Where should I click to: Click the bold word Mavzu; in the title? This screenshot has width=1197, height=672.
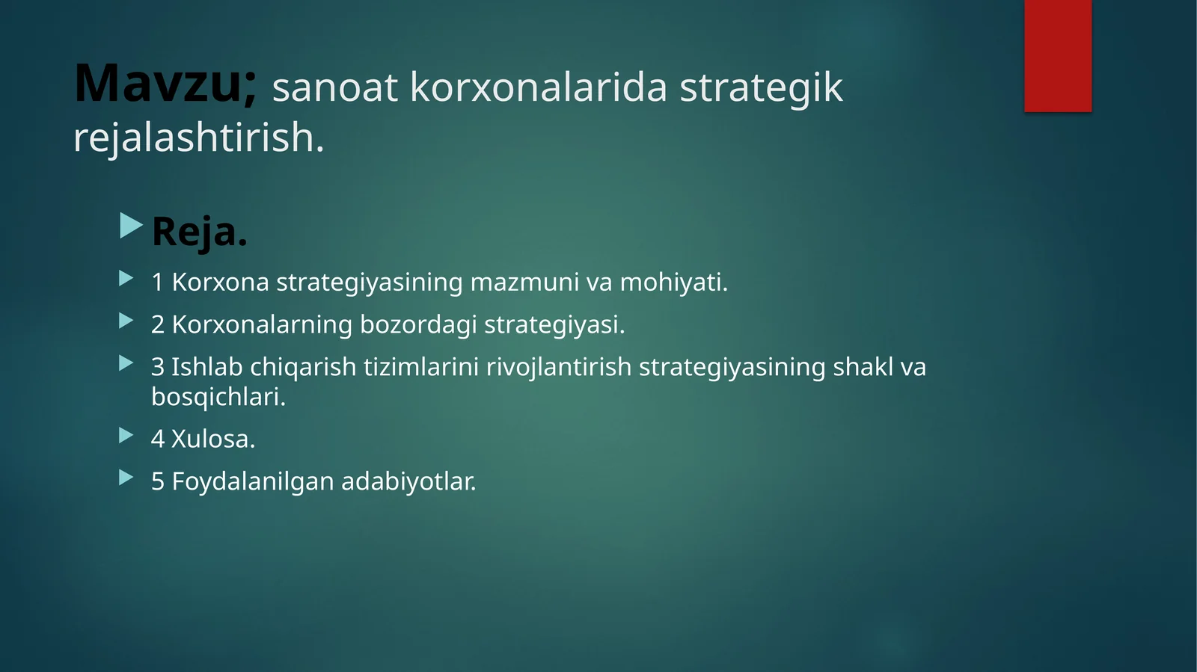pos(165,84)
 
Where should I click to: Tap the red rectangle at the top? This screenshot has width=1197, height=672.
pos(1057,55)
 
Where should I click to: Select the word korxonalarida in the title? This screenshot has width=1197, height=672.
pos(538,87)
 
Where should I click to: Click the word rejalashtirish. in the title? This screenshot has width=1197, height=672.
pos(199,138)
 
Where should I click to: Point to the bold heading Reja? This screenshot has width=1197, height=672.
pos(199,232)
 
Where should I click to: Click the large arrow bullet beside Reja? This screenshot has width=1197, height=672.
pos(131,226)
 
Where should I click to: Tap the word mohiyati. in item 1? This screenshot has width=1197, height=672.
pos(673,283)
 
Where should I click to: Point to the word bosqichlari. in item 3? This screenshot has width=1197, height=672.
pos(218,397)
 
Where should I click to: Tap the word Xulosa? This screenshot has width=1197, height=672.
pos(213,440)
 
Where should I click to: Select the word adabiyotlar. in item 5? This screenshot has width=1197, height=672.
pos(408,482)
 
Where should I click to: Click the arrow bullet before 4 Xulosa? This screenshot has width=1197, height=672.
pos(126,435)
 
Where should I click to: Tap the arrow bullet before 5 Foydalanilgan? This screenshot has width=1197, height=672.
pos(126,478)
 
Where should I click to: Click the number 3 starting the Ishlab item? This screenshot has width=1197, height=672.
pos(157,368)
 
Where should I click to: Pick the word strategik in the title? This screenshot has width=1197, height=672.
pos(761,87)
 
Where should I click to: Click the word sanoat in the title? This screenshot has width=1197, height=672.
pos(334,87)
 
